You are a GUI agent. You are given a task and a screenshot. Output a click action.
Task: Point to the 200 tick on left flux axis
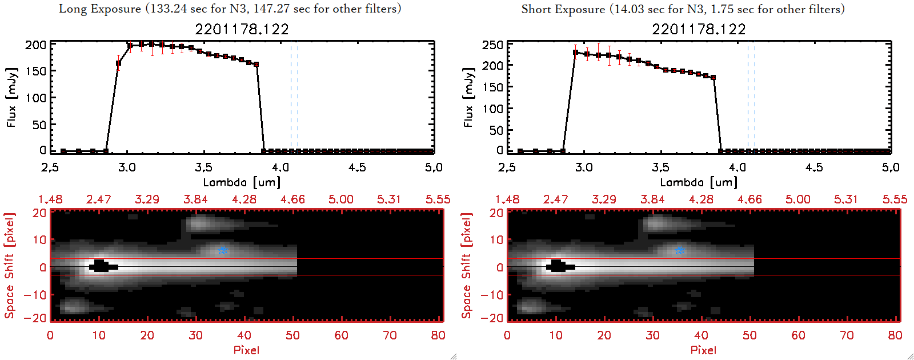click(x=35, y=45)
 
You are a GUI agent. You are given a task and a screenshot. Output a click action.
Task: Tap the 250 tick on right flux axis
click(x=492, y=45)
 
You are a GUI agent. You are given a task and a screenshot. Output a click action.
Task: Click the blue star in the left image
click(x=223, y=250)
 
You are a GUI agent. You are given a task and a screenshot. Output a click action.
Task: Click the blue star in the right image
click(x=680, y=250)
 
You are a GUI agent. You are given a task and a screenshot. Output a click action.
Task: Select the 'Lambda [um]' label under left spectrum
click(x=242, y=182)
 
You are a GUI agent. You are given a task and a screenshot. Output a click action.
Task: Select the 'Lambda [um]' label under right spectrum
click(x=699, y=182)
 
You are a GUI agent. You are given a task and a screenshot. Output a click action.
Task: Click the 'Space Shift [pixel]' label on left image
click(x=9, y=266)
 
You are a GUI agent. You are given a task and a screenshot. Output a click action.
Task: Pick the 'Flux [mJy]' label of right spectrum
click(x=468, y=98)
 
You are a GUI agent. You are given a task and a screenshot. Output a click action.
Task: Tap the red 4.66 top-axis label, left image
click(x=292, y=199)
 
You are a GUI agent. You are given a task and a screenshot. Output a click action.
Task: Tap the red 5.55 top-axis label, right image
click(x=895, y=199)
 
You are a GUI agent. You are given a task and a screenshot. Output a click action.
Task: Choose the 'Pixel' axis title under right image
click(x=703, y=350)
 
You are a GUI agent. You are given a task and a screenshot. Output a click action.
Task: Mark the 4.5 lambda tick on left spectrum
click(x=357, y=167)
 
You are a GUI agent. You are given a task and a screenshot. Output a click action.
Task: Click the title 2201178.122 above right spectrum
click(x=699, y=29)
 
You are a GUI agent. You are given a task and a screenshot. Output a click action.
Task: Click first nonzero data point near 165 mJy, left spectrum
click(x=118, y=63)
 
